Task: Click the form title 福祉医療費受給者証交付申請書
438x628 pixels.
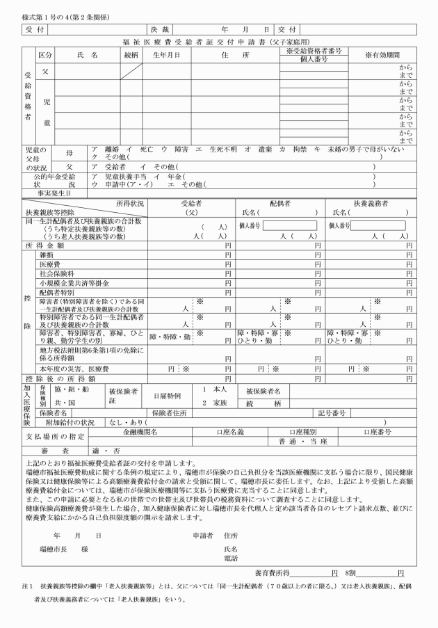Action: [218, 42]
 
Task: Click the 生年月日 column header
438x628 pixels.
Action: [167, 54]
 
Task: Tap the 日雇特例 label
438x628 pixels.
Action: [167, 395]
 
